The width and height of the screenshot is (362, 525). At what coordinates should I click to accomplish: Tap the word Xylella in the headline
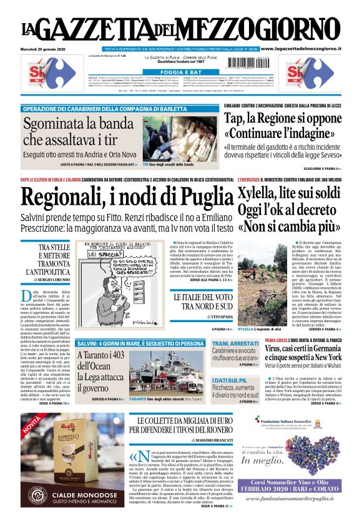coord(260,194)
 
